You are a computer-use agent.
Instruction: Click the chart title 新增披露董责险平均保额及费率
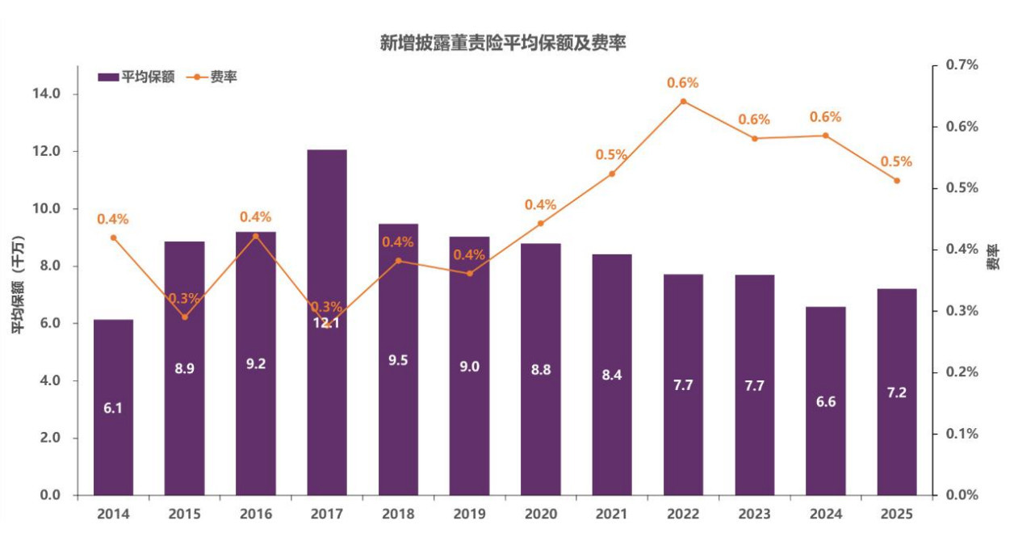[503, 43]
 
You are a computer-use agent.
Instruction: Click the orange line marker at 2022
[683, 102]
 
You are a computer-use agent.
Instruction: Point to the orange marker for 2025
[897, 180]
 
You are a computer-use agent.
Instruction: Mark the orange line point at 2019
[470, 273]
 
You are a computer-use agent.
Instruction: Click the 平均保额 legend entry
[137, 78]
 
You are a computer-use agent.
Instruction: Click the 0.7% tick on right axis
[962, 65]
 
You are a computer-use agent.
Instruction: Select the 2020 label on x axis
[540, 514]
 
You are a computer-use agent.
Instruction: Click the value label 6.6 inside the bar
[826, 401]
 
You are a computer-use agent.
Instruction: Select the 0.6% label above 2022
[683, 83]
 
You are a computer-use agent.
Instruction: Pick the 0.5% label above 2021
[611, 155]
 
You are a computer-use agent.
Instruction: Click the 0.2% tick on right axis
[962, 372]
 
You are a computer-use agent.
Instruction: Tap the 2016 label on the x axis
[255, 514]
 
